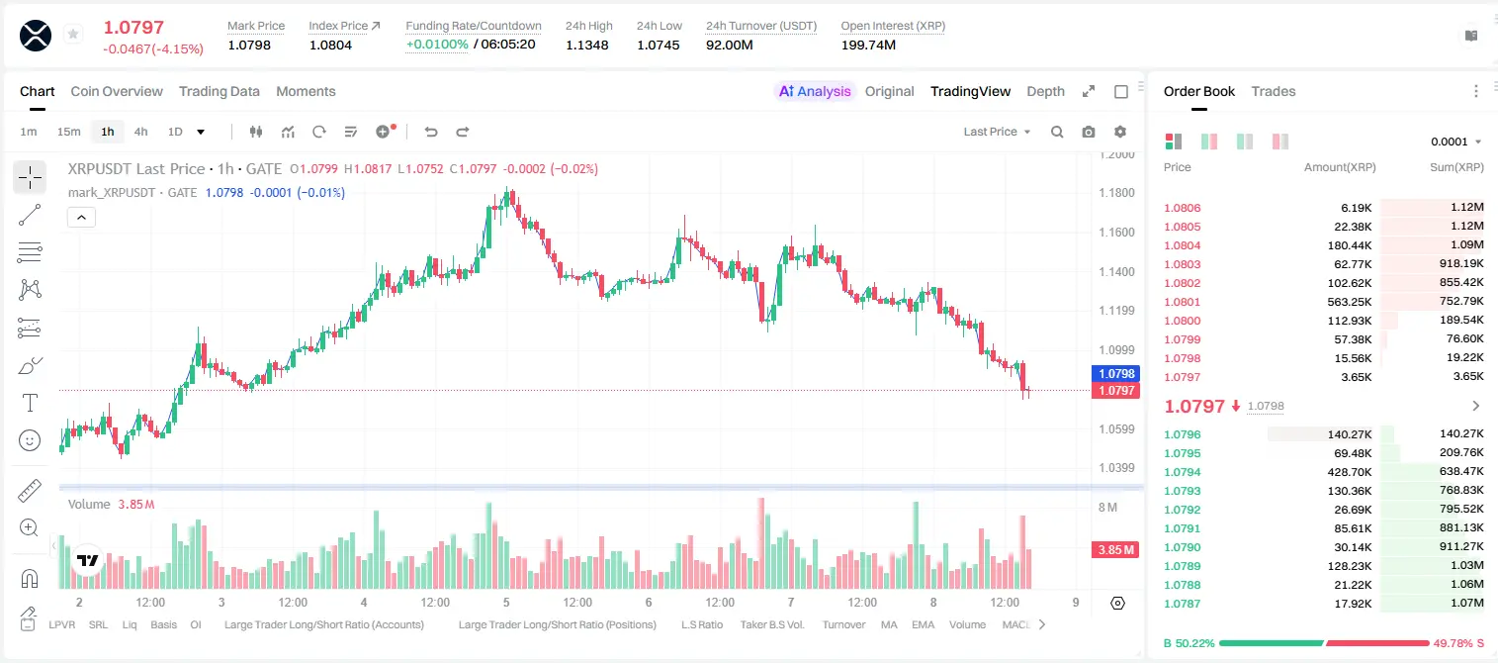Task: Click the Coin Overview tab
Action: click(117, 91)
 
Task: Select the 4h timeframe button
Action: click(140, 132)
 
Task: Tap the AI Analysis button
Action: click(815, 91)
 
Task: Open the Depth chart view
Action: click(1045, 91)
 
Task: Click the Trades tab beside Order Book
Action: click(1273, 91)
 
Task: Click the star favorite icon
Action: click(73, 34)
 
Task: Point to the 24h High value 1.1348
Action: click(586, 45)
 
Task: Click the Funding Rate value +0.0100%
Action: click(437, 45)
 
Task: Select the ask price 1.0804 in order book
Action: click(1182, 245)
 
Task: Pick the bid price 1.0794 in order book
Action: click(1182, 472)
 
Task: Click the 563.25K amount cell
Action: click(1349, 302)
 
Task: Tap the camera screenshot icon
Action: click(1088, 132)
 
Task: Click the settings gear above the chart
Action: click(1120, 132)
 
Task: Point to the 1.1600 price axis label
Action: click(1116, 233)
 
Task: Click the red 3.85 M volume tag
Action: click(1114, 550)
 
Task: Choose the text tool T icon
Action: click(30, 403)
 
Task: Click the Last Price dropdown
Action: click(997, 132)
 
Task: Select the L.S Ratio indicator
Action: click(701, 624)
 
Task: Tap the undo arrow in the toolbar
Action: click(431, 132)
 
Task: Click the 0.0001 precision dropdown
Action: click(1455, 142)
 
